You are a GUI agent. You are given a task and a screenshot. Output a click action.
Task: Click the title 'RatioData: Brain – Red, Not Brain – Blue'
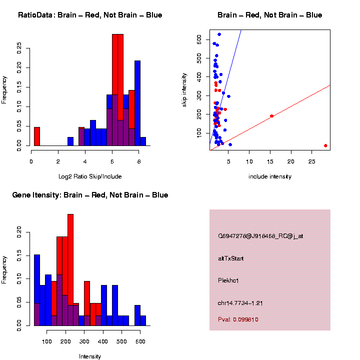coord(90,15)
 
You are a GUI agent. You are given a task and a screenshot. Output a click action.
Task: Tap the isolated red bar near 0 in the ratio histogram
coord(36,136)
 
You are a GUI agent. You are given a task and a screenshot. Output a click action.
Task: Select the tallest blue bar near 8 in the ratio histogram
coord(137,102)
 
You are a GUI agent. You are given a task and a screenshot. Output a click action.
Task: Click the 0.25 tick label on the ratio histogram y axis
coord(19,48)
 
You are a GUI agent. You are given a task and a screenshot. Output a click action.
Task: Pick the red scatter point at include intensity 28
coord(325,145)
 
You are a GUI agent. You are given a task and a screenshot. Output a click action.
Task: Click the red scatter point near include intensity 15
coord(271,116)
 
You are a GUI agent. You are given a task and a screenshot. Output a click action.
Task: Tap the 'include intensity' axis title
coord(270,176)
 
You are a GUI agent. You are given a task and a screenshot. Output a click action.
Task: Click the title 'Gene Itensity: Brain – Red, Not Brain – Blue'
coord(90,195)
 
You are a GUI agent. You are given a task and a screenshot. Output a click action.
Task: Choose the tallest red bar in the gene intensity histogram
coord(70,270)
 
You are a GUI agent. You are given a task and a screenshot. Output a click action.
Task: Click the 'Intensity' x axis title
coord(90,356)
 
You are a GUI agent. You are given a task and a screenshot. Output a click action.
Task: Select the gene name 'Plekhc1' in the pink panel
coord(228,280)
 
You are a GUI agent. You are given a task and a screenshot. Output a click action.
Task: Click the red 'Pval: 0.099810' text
coord(238,319)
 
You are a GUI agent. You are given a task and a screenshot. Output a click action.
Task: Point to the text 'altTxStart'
coord(231,258)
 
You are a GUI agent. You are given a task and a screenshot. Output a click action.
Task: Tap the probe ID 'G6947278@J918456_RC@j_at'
coord(260,236)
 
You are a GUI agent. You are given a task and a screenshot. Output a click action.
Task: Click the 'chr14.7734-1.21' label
coord(240,303)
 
